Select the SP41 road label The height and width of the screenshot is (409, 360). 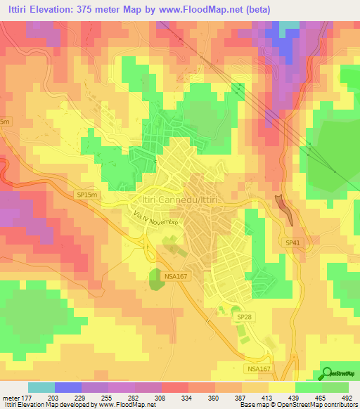tap(292, 242)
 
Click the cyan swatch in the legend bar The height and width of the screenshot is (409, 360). tap(41, 387)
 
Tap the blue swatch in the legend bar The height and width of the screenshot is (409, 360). tap(67, 387)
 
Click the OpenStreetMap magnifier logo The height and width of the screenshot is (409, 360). tap(326, 373)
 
